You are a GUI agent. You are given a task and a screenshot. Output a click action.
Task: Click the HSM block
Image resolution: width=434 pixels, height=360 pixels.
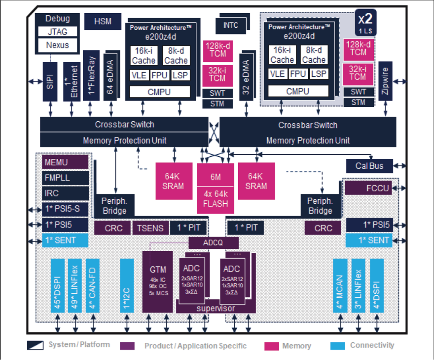(102, 21)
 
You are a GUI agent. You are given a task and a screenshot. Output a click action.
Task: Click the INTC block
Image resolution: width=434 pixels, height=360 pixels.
(230, 25)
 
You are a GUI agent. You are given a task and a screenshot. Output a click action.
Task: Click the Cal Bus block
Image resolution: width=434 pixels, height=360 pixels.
(369, 166)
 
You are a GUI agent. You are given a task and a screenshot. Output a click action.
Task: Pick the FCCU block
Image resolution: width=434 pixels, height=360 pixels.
(368, 188)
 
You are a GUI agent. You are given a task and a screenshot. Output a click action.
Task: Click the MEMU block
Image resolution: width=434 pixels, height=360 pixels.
(65, 163)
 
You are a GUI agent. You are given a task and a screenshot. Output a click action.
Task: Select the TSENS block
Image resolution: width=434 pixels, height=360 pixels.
(151, 228)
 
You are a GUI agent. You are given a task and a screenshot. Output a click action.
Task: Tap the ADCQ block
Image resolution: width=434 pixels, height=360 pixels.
(213, 243)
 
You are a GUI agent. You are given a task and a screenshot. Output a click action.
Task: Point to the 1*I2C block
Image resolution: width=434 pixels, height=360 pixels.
(127, 285)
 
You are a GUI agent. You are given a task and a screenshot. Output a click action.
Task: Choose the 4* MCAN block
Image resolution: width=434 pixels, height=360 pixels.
(340, 285)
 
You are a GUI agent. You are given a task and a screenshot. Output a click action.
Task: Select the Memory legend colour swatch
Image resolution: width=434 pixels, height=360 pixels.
(272, 346)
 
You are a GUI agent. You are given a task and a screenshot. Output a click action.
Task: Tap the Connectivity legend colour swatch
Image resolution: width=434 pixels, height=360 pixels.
(338, 346)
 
